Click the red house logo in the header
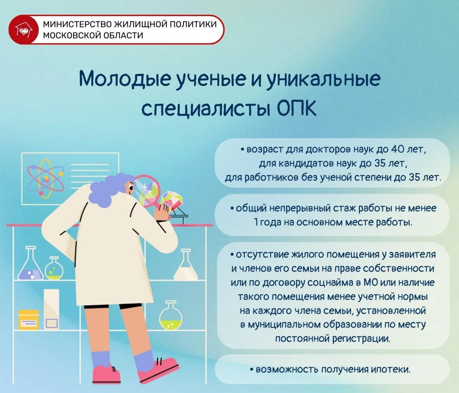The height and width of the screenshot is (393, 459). coord(23,30)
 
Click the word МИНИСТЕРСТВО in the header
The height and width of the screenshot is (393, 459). coord(77,24)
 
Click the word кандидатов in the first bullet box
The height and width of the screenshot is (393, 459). coord(306,164)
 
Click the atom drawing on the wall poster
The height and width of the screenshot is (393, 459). coord(46,179)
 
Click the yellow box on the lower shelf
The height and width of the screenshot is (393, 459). coord(28,320)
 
